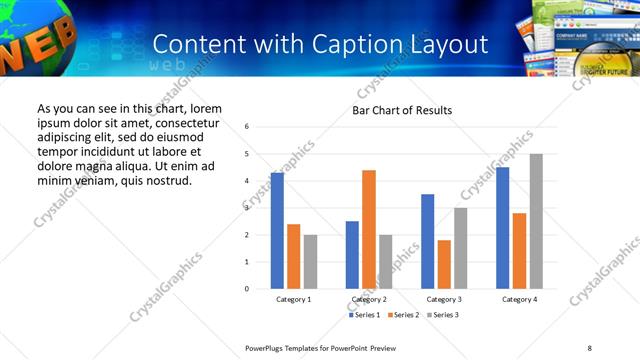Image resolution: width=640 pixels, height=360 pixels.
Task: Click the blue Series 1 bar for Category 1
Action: click(x=277, y=231)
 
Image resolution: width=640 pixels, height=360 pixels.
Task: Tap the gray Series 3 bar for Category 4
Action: click(x=536, y=221)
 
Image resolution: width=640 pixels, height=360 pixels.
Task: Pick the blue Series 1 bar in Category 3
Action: click(x=427, y=241)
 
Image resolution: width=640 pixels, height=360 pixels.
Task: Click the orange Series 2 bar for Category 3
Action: click(x=444, y=264)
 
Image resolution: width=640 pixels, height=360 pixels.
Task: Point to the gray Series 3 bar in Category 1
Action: click(x=310, y=262)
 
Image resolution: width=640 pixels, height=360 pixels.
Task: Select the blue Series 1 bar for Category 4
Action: click(x=502, y=228)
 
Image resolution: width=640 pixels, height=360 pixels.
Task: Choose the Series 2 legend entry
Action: click(x=402, y=315)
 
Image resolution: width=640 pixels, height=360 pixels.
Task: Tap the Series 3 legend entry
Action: click(x=442, y=315)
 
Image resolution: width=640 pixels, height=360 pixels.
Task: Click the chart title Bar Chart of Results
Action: click(x=402, y=110)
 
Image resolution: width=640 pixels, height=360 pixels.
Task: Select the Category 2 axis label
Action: click(x=369, y=300)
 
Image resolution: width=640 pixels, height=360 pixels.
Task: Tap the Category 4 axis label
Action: click(x=519, y=300)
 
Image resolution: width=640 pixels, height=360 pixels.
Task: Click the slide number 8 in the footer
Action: click(x=590, y=347)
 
